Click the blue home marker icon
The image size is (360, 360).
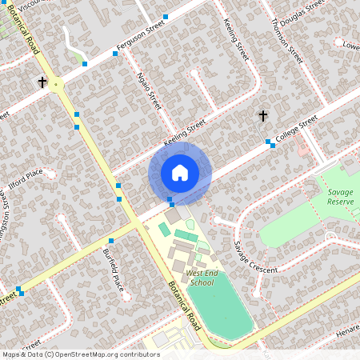pyautogui.click(x=180, y=173)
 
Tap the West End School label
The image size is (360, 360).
pyautogui.click(x=200, y=278)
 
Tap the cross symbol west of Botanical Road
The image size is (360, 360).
pyautogui.click(x=42, y=82)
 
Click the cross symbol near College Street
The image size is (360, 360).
pyautogui.click(x=262, y=116)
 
